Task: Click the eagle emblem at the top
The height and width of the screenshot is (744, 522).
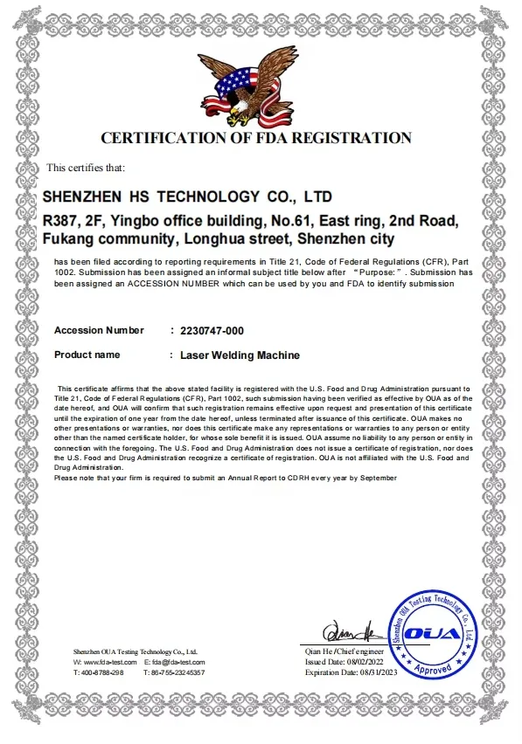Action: (248, 85)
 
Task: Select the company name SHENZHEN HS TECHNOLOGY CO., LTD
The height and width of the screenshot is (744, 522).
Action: (187, 196)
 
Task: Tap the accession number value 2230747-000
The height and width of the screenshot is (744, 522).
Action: (212, 330)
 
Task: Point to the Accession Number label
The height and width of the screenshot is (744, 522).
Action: (99, 330)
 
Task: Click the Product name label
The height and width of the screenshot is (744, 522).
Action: (87, 355)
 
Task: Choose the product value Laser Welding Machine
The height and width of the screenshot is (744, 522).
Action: (240, 355)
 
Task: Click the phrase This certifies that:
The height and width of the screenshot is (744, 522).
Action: (86, 168)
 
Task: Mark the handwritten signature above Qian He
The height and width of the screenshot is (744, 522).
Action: (348, 630)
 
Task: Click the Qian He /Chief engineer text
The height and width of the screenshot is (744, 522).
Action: (345, 651)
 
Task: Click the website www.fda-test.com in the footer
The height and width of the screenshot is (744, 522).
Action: (109, 662)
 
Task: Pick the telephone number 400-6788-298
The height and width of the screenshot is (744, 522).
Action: (102, 672)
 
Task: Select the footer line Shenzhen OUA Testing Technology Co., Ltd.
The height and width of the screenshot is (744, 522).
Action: (136, 651)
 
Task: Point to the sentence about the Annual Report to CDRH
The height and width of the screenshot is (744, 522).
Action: (225, 478)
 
